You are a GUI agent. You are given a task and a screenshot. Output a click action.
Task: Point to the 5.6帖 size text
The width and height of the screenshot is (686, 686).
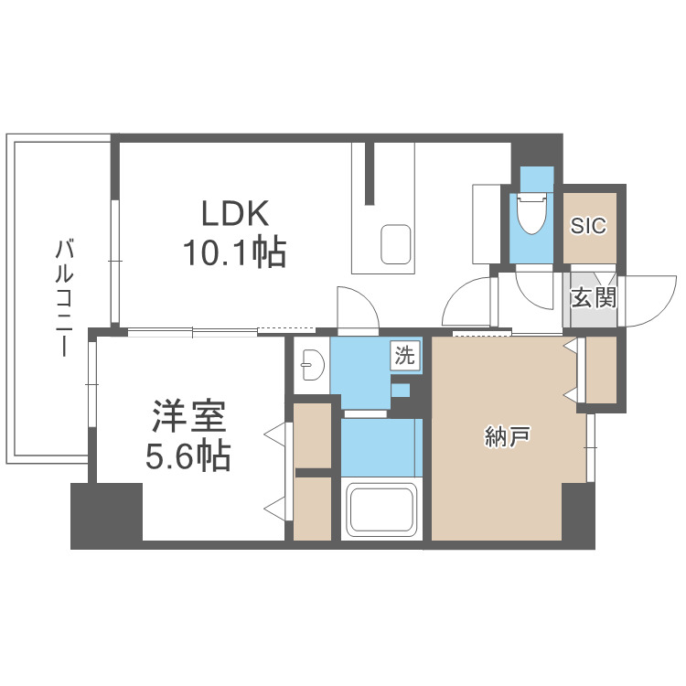[188, 455]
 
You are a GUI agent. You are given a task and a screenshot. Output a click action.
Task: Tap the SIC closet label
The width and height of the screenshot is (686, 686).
[588, 226]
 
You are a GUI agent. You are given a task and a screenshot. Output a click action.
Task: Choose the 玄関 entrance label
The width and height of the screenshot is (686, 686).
[593, 298]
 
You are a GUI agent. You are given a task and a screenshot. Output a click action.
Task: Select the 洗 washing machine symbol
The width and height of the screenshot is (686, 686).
[404, 355]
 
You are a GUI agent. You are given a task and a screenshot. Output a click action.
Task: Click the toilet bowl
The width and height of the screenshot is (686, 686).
[531, 216]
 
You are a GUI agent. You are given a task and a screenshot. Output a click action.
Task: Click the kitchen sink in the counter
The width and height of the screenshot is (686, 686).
[396, 243]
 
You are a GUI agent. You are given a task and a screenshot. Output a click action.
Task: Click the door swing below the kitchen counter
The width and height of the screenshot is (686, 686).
[357, 308]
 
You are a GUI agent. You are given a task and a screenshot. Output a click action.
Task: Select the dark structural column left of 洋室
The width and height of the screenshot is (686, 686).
[106, 515]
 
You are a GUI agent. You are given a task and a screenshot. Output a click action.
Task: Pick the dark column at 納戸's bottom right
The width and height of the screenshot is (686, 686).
[578, 515]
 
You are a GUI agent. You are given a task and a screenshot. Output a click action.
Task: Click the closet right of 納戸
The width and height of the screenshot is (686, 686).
[601, 370]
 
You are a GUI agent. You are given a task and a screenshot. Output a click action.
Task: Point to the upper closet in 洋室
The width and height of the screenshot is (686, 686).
[312, 434]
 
